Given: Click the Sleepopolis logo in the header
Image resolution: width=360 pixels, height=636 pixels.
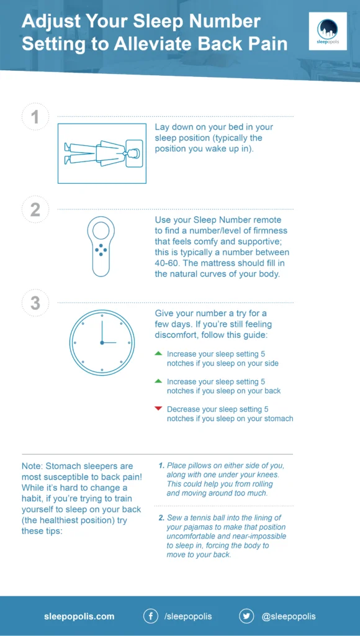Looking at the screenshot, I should click(x=326, y=31).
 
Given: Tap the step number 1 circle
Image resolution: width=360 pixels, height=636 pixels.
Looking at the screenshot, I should click(x=35, y=117).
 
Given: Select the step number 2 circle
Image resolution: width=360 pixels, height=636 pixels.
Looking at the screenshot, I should click(x=35, y=209).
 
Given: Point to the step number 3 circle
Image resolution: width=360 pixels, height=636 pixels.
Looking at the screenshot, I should click(x=35, y=302).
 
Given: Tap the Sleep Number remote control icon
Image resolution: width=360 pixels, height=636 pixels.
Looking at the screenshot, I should click(x=101, y=246).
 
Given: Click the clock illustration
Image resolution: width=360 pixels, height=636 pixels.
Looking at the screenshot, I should click(x=101, y=342).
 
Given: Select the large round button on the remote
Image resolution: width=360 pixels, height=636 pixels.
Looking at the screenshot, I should click(x=101, y=232).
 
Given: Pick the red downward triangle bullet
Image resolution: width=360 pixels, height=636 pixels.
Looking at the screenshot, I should click(x=158, y=408).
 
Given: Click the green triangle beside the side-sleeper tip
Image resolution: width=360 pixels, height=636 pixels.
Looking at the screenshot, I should click(x=158, y=353).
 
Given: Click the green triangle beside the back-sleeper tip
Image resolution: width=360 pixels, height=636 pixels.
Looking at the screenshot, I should click(x=158, y=381).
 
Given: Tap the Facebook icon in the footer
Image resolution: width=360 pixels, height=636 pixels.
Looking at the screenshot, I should click(x=150, y=616).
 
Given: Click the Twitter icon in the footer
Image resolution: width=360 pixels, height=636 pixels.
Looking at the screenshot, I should click(x=246, y=616).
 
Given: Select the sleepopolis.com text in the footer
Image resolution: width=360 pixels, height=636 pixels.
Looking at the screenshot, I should click(x=79, y=616).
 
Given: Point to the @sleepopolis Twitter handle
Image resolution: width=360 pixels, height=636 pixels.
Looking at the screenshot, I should click(x=289, y=616).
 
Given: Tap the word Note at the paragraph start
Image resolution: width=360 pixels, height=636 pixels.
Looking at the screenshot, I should click(x=32, y=465).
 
